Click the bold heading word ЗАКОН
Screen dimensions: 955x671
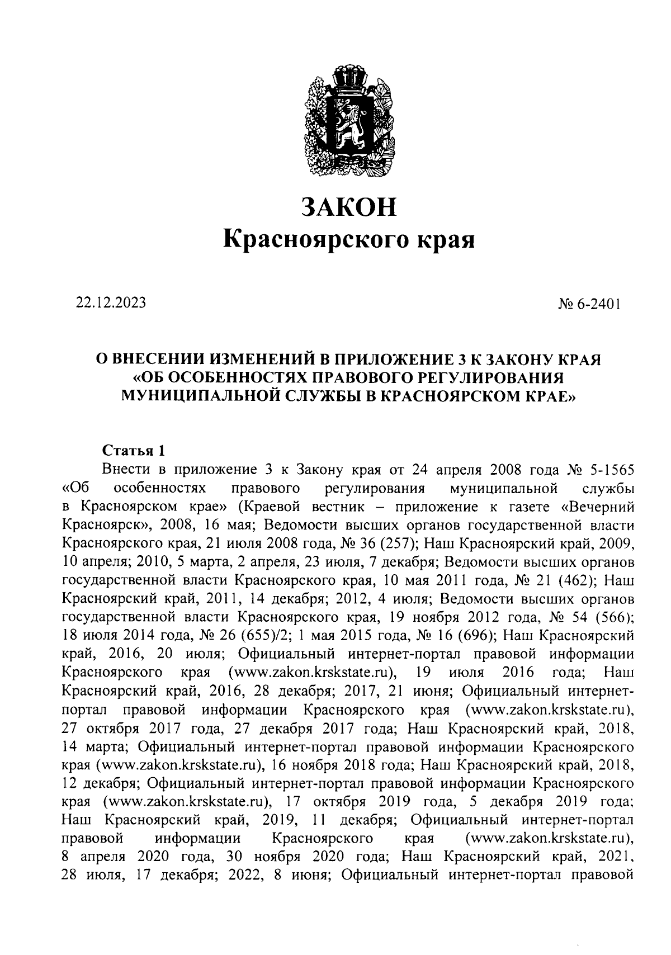(349, 206)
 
